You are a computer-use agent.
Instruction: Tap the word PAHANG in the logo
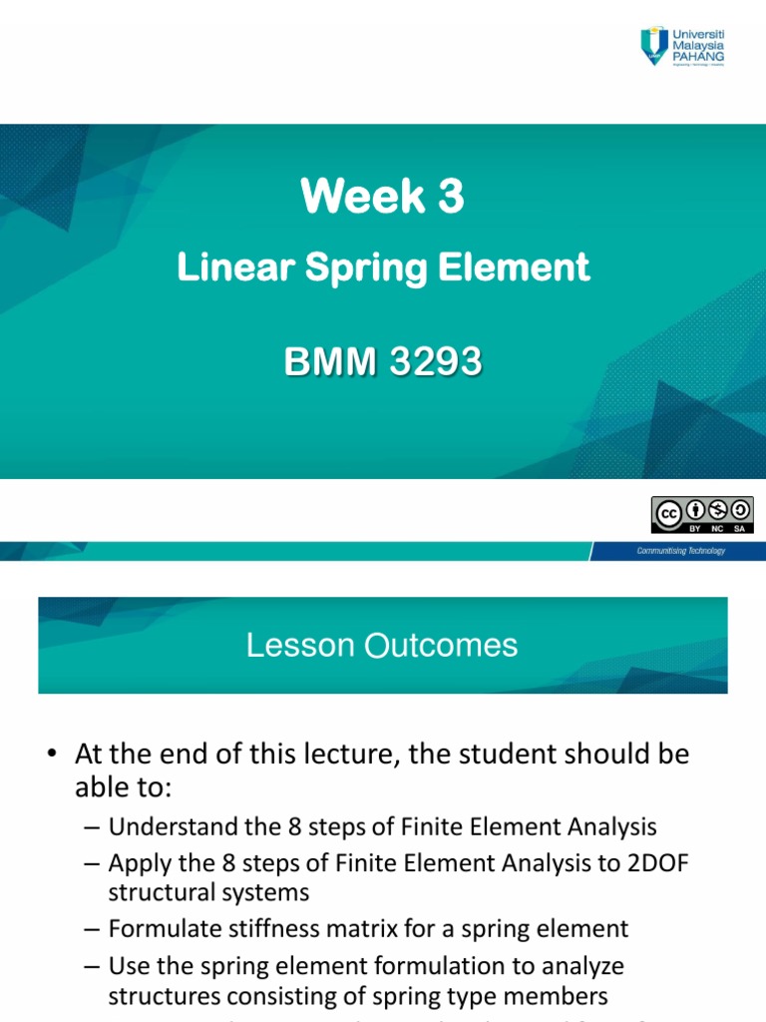coord(699,57)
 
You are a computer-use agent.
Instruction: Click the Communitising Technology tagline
coord(681,551)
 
